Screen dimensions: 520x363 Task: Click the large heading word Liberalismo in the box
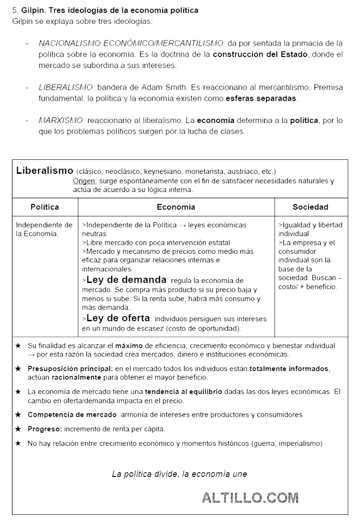(x=45, y=170)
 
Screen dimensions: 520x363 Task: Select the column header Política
(x=45, y=207)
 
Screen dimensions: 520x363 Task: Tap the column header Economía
(x=176, y=207)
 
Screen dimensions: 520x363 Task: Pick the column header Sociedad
(x=310, y=207)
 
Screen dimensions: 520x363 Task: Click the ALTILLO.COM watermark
(x=250, y=498)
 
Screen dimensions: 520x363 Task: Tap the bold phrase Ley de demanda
(x=127, y=280)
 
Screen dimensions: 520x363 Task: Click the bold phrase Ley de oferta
(x=118, y=318)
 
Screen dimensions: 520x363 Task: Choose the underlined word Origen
(x=84, y=181)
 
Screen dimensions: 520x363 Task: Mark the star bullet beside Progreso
(x=18, y=429)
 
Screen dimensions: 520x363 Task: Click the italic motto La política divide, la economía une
(x=179, y=473)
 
